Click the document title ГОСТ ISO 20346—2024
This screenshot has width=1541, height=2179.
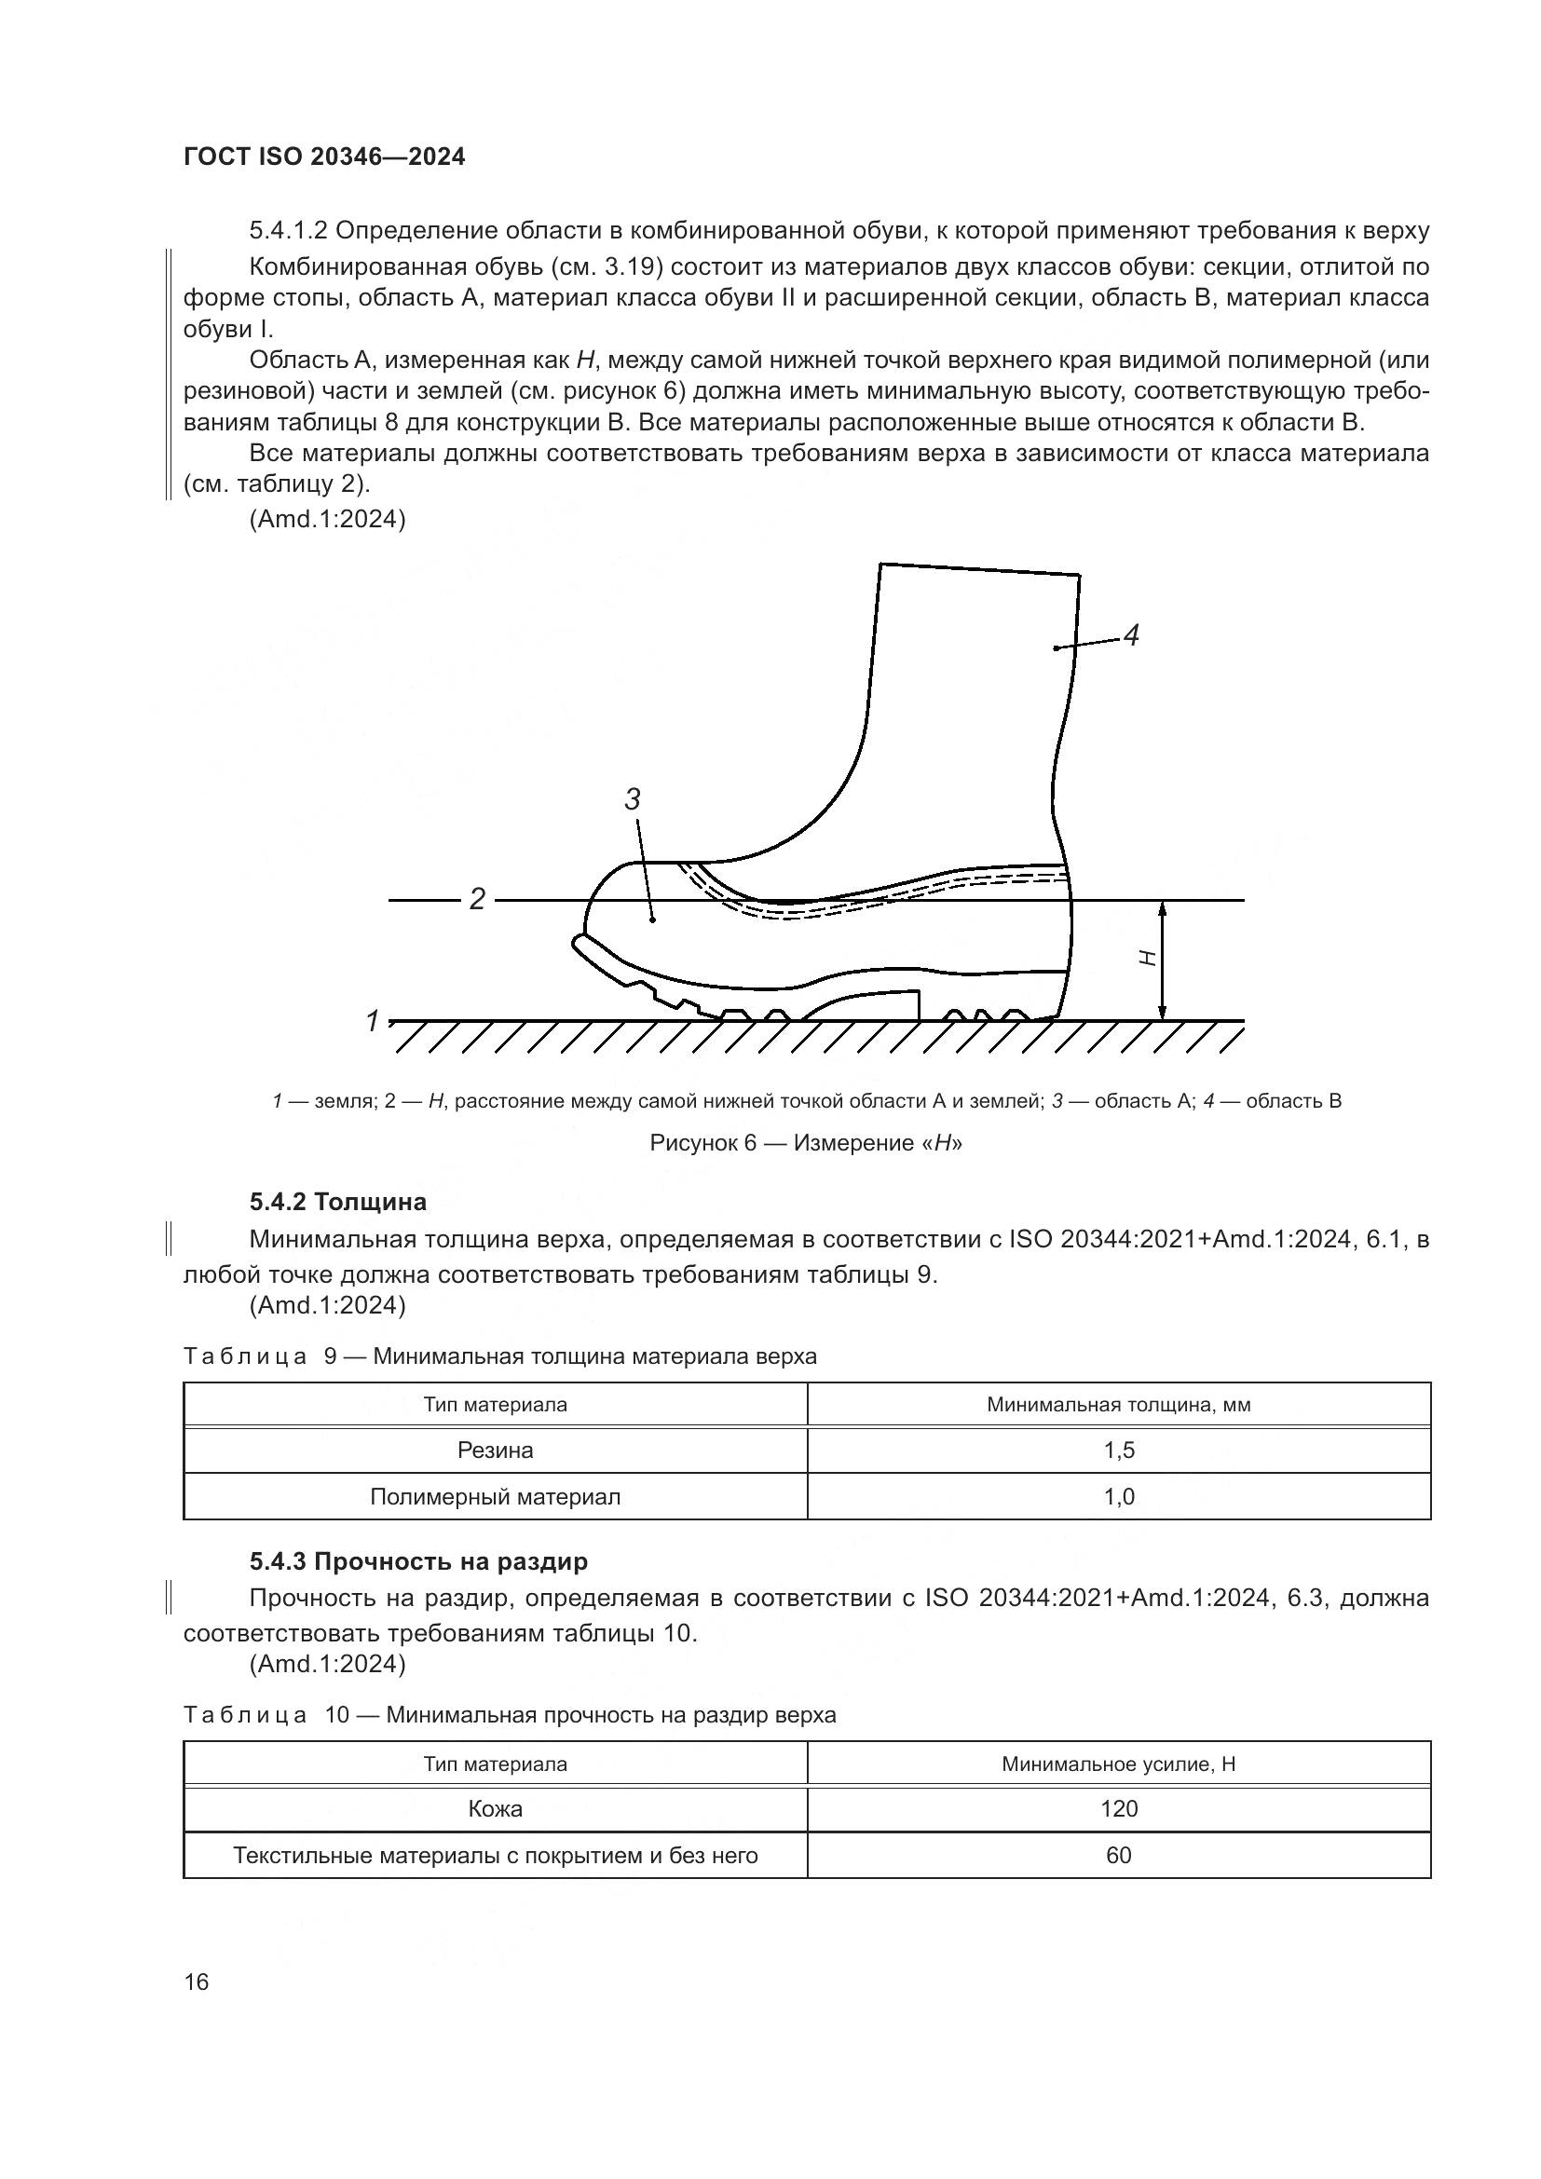(x=323, y=157)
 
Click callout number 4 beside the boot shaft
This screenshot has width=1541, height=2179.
(x=1130, y=635)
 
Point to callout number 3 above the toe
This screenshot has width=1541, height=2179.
(x=633, y=799)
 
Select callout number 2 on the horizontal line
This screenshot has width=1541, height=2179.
(x=477, y=899)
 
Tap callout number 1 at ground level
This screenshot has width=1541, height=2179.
(x=373, y=1021)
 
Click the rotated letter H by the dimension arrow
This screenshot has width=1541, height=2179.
(x=1147, y=959)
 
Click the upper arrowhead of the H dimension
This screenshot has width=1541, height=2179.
(x=1165, y=909)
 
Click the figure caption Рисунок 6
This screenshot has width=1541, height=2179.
(x=806, y=1143)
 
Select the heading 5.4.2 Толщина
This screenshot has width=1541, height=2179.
(x=338, y=1202)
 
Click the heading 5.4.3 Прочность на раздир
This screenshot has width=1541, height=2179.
(x=418, y=1561)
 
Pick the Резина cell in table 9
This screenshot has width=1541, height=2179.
(x=496, y=1450)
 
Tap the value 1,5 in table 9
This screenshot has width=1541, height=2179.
(x=1119, y=1450)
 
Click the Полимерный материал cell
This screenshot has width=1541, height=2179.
(x=496, y=1497)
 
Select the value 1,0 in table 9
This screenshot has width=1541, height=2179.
(x=1119, y=1497)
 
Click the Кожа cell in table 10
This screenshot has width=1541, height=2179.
(x=496, y=1808)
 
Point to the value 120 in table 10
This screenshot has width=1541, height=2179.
(x=1119, y=1808)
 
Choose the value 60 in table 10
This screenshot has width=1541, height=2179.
(x=1119, y=1855)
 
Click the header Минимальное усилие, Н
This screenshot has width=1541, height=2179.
(x=1119, y=1764)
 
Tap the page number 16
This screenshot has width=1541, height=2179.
(x=197, y=1982)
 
